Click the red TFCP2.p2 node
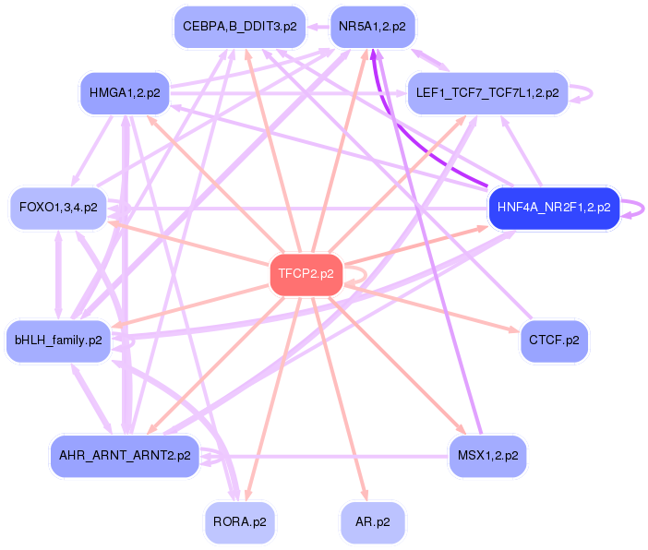point(306,274)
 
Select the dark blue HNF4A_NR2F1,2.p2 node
point(554,208)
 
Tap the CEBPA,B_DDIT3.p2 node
point(239,27)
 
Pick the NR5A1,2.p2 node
point(372,27)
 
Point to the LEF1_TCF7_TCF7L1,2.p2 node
point(486,93)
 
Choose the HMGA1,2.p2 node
point(125,93)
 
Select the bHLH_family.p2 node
point(58,341)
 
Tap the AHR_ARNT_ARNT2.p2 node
point(125,455)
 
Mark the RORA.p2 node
point(239,522)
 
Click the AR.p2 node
point(372,522)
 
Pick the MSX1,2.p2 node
point(487,455)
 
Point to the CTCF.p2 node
point(554,341)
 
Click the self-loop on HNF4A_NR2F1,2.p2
point(636,209)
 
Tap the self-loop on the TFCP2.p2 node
point(358,274)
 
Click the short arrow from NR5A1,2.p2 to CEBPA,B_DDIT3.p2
point(318,27)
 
